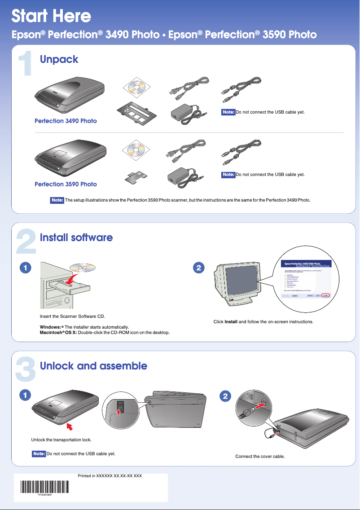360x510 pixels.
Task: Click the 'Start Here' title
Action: pos(51,16)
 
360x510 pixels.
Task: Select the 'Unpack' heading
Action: pos(59,59)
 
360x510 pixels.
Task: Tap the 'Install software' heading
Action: pos(76,237)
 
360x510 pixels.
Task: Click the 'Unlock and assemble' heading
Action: pos(93,365)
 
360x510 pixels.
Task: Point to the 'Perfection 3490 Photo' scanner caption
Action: pos(66,121)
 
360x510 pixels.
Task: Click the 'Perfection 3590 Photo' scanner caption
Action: pos(66,184)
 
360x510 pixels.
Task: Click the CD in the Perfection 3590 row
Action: pos(137,150)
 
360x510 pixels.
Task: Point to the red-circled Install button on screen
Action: pos(326,295)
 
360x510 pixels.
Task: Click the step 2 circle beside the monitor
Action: pos(198,268)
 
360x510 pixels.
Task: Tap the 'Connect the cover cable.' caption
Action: pos(260,457)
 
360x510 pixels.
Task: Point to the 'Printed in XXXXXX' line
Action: pos(110,475)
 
